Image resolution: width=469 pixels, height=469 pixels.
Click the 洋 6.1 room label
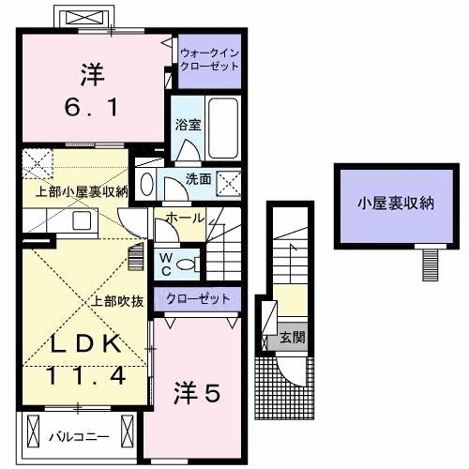pyautogui.click(x=92, y=90)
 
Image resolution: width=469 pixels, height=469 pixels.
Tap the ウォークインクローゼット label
pyautogui.click(x=210, y=59)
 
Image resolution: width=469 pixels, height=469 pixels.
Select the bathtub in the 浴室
pyautogui.click(x=223, y=129)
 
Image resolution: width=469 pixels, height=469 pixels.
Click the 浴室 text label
pyautogui.click(x=188, y=125)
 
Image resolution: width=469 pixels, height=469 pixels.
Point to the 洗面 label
pyautogui.click(x=199, y=179)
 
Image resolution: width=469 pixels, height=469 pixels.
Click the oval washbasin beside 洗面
pyautogui.click(x=146, y=185)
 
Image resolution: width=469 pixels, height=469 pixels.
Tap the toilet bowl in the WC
pyautogui.click(x=187, y=265)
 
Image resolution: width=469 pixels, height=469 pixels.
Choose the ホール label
pyautogui.click(x=185, y=218)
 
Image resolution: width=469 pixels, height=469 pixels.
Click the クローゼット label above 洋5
pyautogui.click(x=198, y=299)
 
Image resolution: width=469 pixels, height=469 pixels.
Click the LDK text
pyautogui.click(x=86, y=343)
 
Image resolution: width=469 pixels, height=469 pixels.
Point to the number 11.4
pyautogui.click(x=86, y=375)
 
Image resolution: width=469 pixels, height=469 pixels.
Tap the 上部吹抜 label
pyautogui.click(x=117, y=301)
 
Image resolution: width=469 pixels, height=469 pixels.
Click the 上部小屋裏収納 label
pyautogui.click(x=82, y=192)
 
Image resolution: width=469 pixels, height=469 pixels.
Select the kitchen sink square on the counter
pyautogui.click(x=82, y=220)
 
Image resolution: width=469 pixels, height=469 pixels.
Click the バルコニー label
pyautogui.click(x=79, y=436)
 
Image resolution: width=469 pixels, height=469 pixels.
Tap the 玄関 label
pyautogui.click(x=292, y=338)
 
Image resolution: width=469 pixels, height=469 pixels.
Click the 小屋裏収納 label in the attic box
pyautogui.click(x=396, y=204)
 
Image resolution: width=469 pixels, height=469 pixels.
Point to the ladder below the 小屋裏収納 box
pyautogui.click(x=431, y=265)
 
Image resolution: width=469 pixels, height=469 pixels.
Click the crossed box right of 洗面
pyautogui.click(x=229, y=184)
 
